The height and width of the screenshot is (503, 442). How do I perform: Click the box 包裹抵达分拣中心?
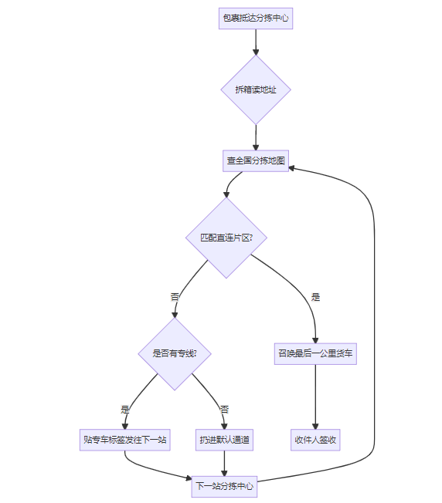coord(256,19)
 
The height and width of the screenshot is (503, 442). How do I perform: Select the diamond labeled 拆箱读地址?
coord(256,89)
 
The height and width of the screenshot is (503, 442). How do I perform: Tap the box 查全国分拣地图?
coord(256,160)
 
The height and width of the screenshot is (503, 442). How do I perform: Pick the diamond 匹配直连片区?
coord(226,238)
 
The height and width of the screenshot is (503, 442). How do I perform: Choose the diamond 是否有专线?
coord(175,353)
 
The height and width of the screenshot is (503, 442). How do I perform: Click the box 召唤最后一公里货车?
coord(315,354)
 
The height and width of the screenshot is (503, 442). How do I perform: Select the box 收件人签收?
coord(315,440)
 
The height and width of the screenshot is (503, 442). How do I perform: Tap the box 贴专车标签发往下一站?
coord(125,440)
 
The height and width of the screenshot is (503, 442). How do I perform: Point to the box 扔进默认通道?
coord(225,440)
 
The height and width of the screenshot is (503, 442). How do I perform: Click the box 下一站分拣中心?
coord(225,486)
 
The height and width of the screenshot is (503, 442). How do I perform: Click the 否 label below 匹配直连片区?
coord(175,297)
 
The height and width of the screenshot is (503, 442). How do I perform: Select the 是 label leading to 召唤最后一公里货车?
coord(316,297)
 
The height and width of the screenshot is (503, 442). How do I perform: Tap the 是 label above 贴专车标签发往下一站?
coord(125,410)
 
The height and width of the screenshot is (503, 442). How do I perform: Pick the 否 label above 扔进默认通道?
coord(225,410)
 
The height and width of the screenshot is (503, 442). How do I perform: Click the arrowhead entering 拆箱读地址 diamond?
coord(256,52)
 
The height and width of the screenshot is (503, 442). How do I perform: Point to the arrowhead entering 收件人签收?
coord(315,427)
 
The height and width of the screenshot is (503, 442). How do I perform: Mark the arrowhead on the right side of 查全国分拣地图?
coord(291,167)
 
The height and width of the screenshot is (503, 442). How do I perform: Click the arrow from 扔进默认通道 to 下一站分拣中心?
coord(225,464)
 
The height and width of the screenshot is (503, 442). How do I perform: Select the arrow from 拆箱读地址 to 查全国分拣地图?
coord(256,137)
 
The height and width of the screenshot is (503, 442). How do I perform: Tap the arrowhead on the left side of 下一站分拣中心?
coord(189,478)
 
